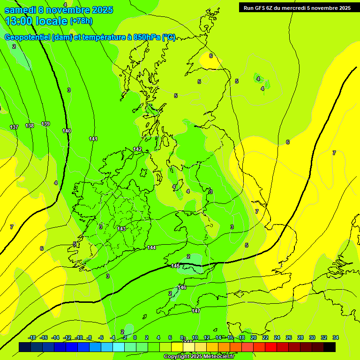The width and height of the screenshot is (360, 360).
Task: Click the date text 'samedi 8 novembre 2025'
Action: [x=59, y=9]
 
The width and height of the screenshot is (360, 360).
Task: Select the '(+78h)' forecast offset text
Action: [x=81, y=21]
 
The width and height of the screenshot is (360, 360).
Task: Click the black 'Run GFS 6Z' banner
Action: [x=296, y=7]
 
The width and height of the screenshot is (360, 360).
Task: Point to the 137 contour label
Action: [x=14, y=127]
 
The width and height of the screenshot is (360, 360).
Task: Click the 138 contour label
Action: [x=30, y=126]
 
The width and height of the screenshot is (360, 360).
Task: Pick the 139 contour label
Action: [x=45, y=124]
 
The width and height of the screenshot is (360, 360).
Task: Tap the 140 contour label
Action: [x=67, y=131]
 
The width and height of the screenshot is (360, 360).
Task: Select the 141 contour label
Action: [x=93, y=139]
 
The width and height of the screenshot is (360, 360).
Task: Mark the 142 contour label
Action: [x=137, y=149]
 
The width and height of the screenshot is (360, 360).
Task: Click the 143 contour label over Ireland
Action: [x=121, y=229]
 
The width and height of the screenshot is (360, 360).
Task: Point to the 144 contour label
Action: [x=151, y=247]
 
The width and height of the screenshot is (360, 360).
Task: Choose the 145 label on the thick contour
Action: [x=175, y=266]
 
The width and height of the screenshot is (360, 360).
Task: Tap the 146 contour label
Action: [x=182, y=287]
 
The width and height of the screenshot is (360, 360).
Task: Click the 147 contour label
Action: [x=196, y=311]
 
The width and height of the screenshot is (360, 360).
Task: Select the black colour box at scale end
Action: [x=330, y=347]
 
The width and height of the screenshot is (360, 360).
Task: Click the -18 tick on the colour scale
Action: [x=32, y=337]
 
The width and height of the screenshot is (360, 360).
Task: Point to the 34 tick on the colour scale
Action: [x=336, y=337]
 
